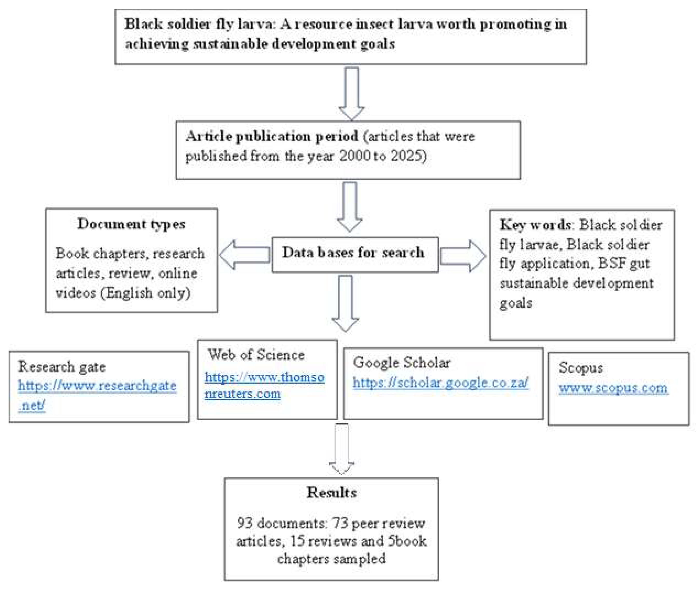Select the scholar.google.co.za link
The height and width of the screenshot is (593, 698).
pyautogui.click(x=440, y=383)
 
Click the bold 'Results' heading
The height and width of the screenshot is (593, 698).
pyautogui.click(x=331, y=493)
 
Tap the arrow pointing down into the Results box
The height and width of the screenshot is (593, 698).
pyautogui.click(x=341, y=449)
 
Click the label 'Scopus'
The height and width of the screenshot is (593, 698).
pyautogui.click(x=580, y=368)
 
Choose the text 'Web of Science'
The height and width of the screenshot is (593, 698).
pyautogui.click(x=256, y=355)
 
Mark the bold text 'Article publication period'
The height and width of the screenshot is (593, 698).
pyautogui.click(x=272, y=136)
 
